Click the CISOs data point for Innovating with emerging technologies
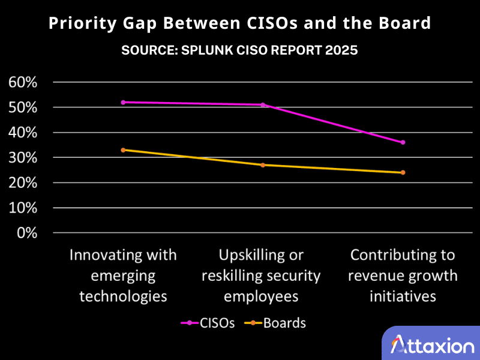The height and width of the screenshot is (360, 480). [x=123, y=102]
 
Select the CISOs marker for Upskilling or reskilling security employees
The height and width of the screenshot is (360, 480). [x=263, y=105]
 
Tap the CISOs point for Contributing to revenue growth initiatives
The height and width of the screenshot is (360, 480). [x=403, y=142]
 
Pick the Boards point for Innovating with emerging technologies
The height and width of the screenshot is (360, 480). [x=123, y=150]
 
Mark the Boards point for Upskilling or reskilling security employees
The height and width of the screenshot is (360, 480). [x=263, y=165]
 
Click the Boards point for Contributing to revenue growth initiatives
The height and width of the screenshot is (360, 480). [x=403, y=172]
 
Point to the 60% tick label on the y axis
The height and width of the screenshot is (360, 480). [x=23, y=82]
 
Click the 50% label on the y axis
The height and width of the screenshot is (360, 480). [x=23, y=107]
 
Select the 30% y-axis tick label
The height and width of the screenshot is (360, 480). [x=23, y=157]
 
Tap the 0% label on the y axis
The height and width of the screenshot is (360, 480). [x=27, y=233]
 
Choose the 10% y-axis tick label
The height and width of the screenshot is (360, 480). [x=23, y=208]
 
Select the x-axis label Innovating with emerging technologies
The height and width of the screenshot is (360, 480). [x=123, y=275]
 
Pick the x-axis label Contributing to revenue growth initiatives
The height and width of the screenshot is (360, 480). [x=403, y=275]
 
